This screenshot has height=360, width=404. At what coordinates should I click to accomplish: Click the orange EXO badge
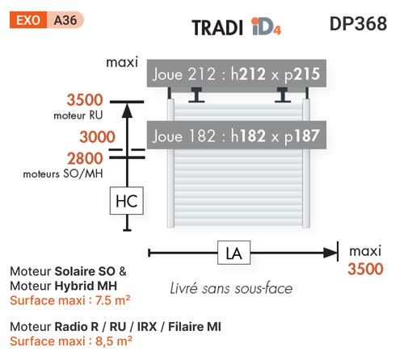coord(28,19)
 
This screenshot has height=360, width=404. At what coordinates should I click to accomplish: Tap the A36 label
coord(65,20)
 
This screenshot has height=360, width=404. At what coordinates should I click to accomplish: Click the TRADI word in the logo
coord(217,27)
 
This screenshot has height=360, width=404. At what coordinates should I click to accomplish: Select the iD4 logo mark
coord(266,27)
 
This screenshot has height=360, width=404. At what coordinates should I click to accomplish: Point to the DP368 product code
coord(358,23)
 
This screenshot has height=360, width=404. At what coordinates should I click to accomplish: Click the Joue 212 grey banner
coord(237,73)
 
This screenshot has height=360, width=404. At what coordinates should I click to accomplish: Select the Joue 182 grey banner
coord(237,135)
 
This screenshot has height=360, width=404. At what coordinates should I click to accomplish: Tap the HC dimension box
coord(127,201)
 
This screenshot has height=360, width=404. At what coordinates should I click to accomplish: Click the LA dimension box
coord(234,253)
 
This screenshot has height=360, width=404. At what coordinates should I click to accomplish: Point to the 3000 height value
coord(97,136)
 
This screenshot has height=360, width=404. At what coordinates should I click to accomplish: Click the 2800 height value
coord(85,158)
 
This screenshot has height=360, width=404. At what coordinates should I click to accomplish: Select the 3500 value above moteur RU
coord(85,100)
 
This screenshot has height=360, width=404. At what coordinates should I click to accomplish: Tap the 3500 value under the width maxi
coord(365,269)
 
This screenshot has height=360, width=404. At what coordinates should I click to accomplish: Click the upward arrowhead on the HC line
coord(127,111)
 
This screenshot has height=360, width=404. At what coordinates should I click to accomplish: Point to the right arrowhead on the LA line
coord(330,253)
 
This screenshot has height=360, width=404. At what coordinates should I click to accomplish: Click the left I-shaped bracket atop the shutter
coord(196,94)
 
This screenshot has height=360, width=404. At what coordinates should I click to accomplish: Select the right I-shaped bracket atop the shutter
coord(283,94)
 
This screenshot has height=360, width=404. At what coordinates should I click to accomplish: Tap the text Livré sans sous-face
coord(231,288)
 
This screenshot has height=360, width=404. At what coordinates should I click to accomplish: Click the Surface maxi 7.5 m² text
coord(70,300)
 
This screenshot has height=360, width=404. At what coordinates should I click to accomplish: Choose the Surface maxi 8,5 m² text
coord(71,341)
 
